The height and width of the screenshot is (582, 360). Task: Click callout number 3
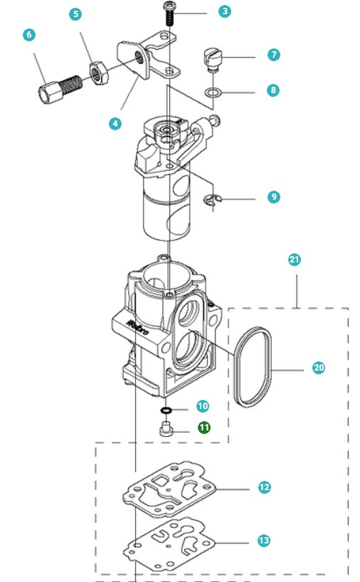226,11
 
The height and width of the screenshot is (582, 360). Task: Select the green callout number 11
204,428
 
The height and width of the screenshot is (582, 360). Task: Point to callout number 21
295,260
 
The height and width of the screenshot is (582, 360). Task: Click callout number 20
319,368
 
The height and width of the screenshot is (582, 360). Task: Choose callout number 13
264,541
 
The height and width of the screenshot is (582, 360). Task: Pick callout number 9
274,196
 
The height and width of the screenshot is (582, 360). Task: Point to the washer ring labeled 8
212,92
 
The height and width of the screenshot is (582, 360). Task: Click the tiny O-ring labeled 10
165,411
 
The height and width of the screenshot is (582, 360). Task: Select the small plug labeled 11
165,428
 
